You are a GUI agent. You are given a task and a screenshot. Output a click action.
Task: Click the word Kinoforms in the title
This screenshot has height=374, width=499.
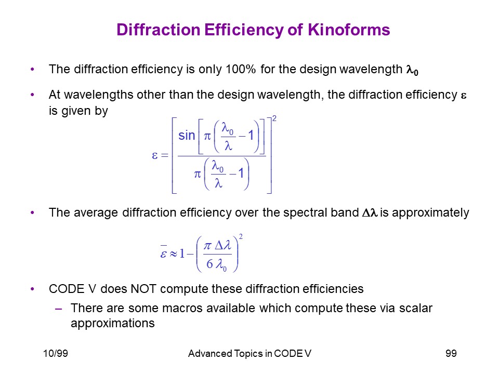pos(349,30)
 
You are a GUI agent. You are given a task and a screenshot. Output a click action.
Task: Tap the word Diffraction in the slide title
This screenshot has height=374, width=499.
pos(158,30)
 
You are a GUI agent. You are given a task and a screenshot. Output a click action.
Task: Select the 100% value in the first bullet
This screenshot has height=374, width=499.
pos(240,69)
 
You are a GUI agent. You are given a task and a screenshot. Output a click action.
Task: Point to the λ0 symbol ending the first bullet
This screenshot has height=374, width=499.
pos(412,70)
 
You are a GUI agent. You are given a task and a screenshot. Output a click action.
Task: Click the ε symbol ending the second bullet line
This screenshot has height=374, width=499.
pos(464,96)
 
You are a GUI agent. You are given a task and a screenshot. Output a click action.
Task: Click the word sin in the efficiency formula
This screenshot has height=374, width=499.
pos(187,136)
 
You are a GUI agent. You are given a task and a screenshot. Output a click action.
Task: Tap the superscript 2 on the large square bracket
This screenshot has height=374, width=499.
pos(274,118)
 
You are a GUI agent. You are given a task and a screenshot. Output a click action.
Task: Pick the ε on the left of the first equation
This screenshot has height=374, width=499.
pos(155,155)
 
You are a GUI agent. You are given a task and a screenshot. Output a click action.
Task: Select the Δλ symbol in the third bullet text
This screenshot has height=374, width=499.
pos(370,212)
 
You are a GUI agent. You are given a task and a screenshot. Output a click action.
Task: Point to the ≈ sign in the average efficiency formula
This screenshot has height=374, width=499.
pos(173,254)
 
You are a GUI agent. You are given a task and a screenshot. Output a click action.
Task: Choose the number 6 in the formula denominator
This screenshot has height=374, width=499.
pos(209,264)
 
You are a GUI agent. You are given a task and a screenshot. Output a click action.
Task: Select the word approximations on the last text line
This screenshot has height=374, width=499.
pos(113,324)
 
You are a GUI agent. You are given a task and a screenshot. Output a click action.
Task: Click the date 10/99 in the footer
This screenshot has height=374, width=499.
pos(56,353)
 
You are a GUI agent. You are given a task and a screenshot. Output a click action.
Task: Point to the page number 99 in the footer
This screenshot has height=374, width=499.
pos(451,353)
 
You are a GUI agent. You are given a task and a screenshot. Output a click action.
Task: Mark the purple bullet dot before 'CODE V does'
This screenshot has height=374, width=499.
pos(32,289)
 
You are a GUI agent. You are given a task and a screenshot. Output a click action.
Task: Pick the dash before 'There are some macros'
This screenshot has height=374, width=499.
pos(58,309)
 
